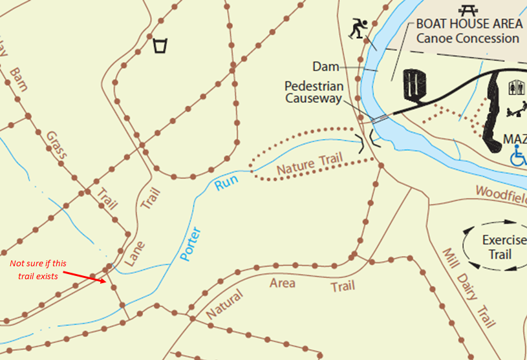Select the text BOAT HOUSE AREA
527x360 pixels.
[469, 24]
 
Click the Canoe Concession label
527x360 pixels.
[468, 38]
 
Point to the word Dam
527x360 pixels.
[326, 67]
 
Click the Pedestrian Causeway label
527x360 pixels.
[314, 92]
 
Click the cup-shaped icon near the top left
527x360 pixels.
[160, 46]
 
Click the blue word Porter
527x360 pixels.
[191, 244]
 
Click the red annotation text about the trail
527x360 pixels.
[38, 270]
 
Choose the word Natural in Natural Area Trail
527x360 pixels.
[225, 305]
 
